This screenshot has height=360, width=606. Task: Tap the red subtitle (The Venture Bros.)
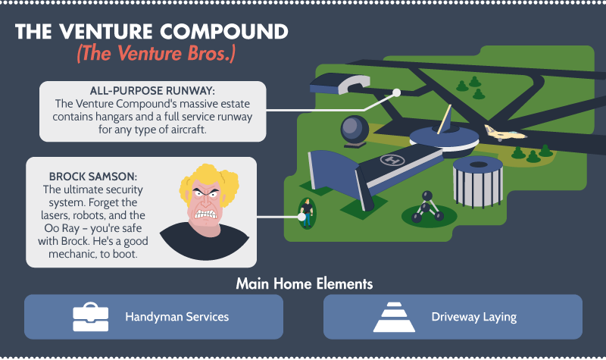(156, 53)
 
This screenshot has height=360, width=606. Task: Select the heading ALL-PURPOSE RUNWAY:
(152, 91)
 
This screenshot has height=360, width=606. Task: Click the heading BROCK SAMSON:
(92, 177)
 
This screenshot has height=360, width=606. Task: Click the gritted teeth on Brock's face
(205, 213)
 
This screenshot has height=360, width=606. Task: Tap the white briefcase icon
(91, 317)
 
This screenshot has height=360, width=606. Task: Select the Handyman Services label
(177, 317)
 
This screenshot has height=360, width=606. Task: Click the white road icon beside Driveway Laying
(394, 317)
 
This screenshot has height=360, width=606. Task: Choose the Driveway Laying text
(474, 317)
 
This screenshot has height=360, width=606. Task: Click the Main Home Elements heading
(305, 283)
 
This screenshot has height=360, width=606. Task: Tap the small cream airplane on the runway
(504, 133)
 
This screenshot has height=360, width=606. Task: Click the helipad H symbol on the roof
(392, 159)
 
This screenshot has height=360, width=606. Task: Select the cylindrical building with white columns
(478, 181)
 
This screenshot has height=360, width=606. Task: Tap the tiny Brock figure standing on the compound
(307, 213)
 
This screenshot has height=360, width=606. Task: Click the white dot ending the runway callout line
(396, 92)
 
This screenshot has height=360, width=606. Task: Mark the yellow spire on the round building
(445, 120)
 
